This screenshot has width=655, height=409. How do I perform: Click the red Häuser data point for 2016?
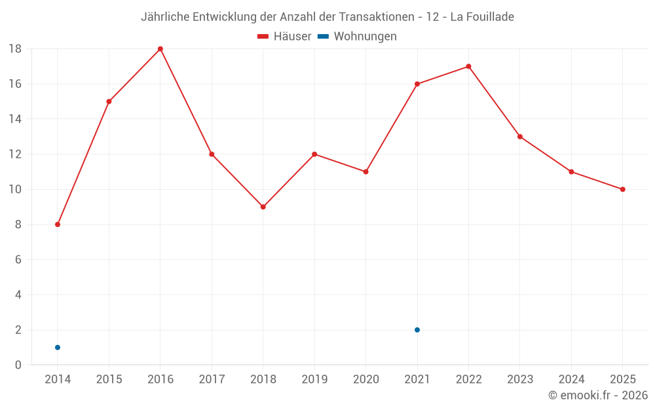(x=160, y=49)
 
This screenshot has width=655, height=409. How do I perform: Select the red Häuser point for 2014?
(x=58, y=224)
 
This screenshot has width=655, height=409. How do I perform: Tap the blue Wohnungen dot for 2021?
(x=417, y=330)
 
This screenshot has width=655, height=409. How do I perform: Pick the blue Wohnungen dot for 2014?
(x=58, y=347)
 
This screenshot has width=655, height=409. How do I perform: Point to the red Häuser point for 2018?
(x=263, y=207)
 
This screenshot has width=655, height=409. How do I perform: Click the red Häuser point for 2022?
(x=468, y=66)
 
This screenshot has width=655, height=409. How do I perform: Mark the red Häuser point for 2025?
(x=623, y=190)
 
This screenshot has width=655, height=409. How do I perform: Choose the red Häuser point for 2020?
(x=366, y=171)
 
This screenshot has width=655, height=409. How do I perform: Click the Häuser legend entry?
(x=284, y=37)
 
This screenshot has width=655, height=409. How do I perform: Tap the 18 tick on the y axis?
(x=15, y=49)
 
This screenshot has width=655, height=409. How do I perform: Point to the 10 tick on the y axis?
(x=15, y=190)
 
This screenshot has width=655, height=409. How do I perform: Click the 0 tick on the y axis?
(x=18, y=365)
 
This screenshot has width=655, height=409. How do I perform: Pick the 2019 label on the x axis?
(x=314, y=380)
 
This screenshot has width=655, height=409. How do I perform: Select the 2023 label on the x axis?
(x=520, y=380)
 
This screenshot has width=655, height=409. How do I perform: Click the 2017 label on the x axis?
(x=212, y=380)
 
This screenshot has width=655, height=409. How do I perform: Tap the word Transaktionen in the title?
(x=377, y=17)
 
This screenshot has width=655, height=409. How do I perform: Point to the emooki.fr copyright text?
(x=598, y=395)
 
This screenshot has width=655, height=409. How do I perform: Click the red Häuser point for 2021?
(x=417, y=84)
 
